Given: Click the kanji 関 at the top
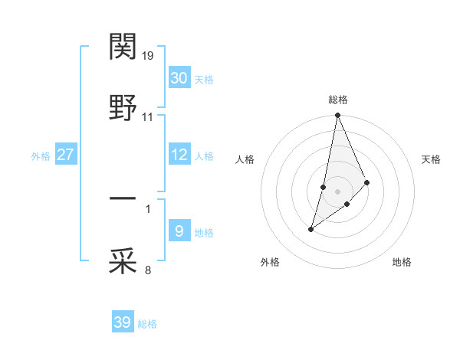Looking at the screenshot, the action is tap(123, 47).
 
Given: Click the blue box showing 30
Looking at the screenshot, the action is tap(179, 78).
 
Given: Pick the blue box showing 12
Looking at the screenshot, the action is tap(179, 155).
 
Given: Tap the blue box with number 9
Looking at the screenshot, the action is tap(179, 231).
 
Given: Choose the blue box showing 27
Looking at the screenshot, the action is tap(66, 155).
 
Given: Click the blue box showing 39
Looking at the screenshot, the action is tap(123, 322).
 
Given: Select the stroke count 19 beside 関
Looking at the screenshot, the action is tap(148, 56).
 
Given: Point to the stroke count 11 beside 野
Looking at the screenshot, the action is tap(148, 118).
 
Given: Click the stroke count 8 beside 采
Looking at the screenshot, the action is tap(148, 270).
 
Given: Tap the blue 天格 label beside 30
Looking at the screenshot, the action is tap(204, 80).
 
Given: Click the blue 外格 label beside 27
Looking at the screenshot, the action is tap(41, 156).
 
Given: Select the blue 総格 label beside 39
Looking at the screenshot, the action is tap(147, 324).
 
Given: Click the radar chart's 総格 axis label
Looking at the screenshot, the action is tap(338, 100).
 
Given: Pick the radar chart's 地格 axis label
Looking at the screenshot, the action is tap(402, 262).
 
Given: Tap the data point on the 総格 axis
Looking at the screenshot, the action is tap(338, 116).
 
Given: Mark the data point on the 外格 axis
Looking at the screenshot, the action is tap(311, 229).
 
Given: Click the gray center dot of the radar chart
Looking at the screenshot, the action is tap(338, 191).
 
